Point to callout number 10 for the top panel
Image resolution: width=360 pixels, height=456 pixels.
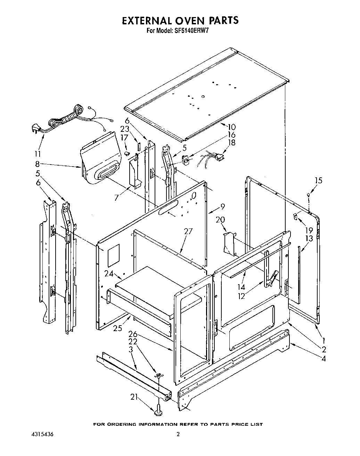point(231,127)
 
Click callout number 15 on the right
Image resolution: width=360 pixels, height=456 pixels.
point(318,181)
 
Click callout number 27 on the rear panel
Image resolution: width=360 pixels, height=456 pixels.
point(188,231)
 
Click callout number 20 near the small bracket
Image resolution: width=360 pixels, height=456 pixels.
point(220,219)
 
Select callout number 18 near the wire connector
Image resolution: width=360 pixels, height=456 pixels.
point(231,142)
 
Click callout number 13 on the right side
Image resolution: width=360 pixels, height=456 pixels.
point(309,238)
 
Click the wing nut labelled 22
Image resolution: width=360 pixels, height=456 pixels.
point(159,375)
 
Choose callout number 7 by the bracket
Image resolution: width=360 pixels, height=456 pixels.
point(117,198)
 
